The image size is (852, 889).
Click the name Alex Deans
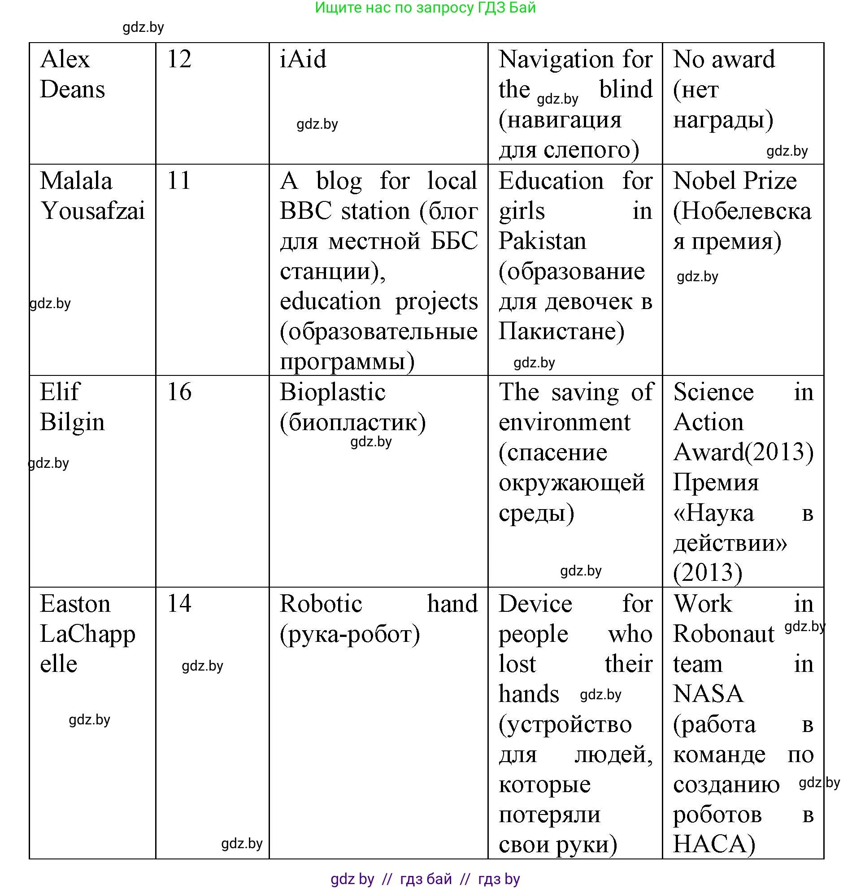click(72, 74)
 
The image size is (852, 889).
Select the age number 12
click(179, 59)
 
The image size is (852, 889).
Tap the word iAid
click(302, 59)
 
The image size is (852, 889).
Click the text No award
click(724, 59)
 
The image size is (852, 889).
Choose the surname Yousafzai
click(92, 211)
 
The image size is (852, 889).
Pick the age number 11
click(178, 180)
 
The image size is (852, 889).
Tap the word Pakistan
click(542, 241)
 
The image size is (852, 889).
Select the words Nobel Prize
click(735, 180)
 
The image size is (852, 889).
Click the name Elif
click(59, 392)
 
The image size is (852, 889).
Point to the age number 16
click(179, 392)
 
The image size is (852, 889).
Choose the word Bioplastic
click(332, 392)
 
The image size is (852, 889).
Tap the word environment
click(564, 422)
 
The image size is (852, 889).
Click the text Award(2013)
click(743, 452)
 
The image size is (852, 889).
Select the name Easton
click(75, 604)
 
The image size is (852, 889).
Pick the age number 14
click(179, 604)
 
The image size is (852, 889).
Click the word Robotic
click(321, 604)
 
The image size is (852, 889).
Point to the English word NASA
click(708, 694)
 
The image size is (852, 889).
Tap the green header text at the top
click(425, 8)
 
